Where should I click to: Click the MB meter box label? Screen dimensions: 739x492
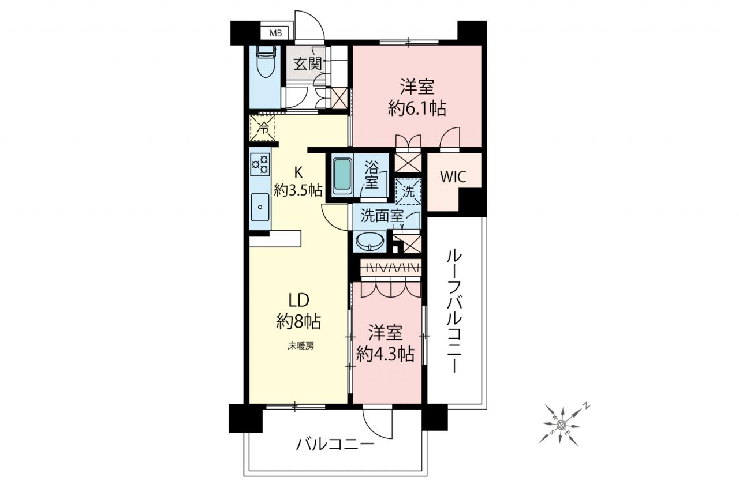tap(275, 33)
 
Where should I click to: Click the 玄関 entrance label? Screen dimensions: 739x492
tap(308, 63)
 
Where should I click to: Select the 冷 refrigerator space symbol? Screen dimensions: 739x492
tap(263, 128)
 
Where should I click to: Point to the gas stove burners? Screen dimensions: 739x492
tap(260, 164)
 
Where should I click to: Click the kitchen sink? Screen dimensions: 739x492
tap(260, 207)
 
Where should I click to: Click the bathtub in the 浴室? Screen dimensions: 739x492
tap(342, 176)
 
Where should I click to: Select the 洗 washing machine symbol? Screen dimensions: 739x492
tap(408, 191)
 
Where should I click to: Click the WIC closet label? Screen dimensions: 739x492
tap(453, 177)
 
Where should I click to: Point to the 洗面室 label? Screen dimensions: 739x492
tap(382, 216)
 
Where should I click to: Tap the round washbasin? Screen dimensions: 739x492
tap(371, 242)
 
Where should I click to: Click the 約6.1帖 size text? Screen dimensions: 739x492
tap(417, 108)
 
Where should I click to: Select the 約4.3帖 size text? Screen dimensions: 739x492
tap(385, 355)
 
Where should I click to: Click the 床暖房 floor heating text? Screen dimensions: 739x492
tap(301, 346)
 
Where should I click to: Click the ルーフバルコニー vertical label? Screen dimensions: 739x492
tap(454, 311)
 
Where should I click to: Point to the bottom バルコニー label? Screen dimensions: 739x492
tap(335, 444)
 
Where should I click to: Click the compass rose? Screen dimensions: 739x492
tap(561, 426)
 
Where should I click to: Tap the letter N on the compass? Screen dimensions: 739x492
tap(587, 405)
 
